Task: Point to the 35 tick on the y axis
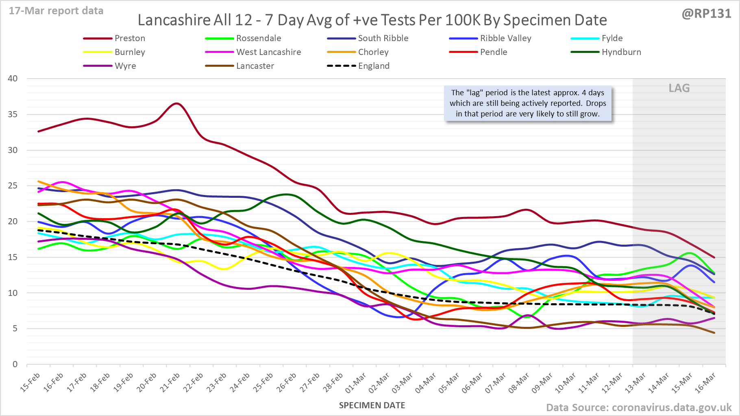[13, 114]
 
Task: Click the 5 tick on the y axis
[15, 328]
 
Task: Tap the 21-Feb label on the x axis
[170, 383]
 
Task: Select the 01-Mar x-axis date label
[356, 383]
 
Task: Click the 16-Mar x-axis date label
[705, 383]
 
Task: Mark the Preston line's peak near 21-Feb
[176, 103]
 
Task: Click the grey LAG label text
[679, 88]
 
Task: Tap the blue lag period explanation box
[527, 103]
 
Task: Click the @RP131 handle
[706, 14]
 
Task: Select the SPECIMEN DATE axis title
[372, 405]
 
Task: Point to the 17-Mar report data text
[56, 11]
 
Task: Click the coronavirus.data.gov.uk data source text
[671, 407]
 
